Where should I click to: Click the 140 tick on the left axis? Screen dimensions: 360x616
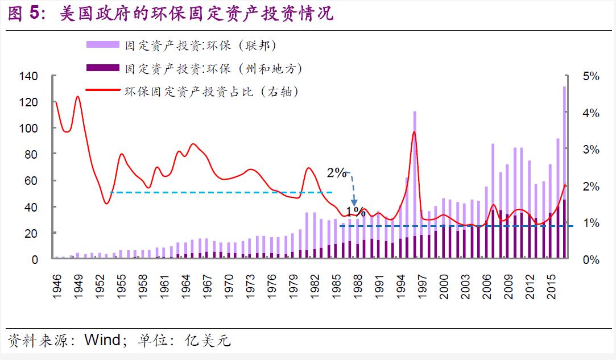pyautogui.click(x=28, y=76)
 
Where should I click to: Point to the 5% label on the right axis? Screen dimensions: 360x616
pyautogui.click(x=592, y=76)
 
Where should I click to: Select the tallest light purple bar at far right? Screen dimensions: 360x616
pyautogui.click(x=564, y=171)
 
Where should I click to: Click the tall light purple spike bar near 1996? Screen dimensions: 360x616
pyautogui.click(x=415, y=182)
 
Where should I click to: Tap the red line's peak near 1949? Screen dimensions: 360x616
pyautogui.click(x=77, y=97)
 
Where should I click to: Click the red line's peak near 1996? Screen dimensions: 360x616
pyautogui.click(x=414, y=132)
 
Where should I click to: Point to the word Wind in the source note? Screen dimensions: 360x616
pyautogui.click(x=102, y=341)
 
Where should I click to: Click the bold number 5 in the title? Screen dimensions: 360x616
pyautogui.click(x=35, y=14)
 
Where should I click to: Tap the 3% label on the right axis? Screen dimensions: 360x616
pyautogui.click(x=592, y=150)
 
